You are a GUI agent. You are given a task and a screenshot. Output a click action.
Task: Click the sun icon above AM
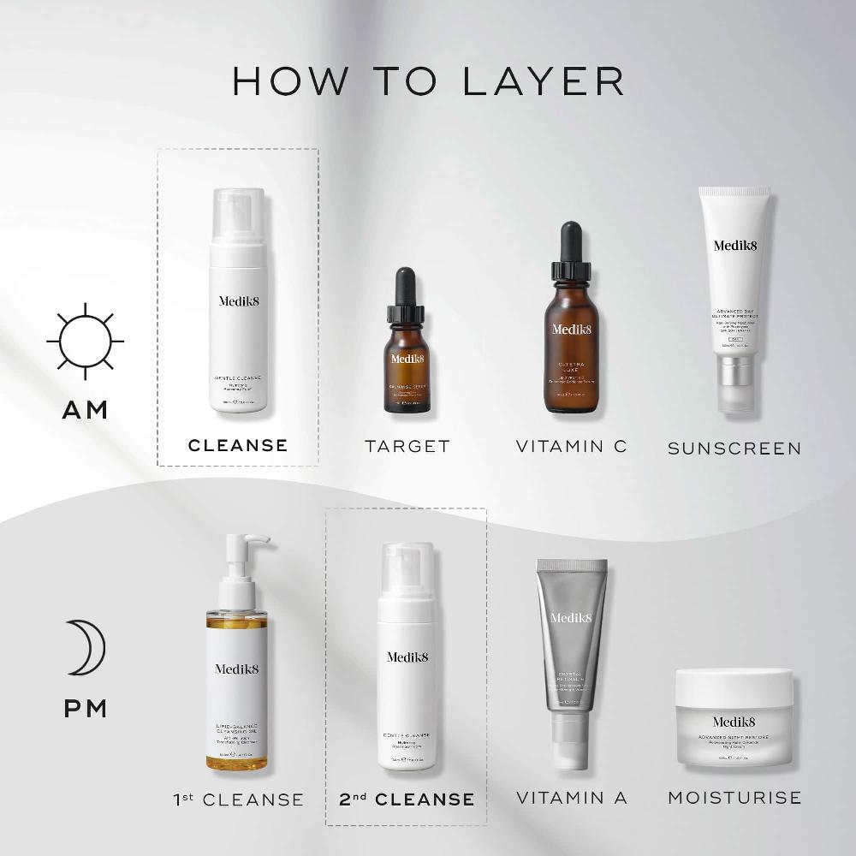pos(85,341)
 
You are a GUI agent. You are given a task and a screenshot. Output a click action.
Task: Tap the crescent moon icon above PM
pos(88,647)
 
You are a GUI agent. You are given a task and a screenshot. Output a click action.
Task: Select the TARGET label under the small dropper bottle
pos(407,446)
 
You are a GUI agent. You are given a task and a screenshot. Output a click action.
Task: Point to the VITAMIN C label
pos(571,446)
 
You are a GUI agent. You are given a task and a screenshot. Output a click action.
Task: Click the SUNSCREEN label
pos(734,448)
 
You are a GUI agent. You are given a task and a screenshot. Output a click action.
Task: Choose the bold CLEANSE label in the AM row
pos(238,445)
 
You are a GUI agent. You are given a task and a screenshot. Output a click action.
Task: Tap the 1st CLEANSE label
pos(238,800)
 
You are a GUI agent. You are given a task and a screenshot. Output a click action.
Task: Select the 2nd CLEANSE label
pos(407,800)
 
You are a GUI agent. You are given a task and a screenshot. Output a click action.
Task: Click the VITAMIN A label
pos(571,798)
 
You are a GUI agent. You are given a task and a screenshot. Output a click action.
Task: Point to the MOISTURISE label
pos(734,798)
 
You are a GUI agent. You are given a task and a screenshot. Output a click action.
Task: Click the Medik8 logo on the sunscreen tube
pos(734,246)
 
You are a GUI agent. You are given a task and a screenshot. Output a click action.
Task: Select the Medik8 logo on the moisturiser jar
pos(734,721)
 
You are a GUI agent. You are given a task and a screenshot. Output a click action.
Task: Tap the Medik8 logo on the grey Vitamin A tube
pos(571,618)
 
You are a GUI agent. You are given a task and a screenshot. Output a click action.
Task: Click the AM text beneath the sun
pos(85,410)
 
